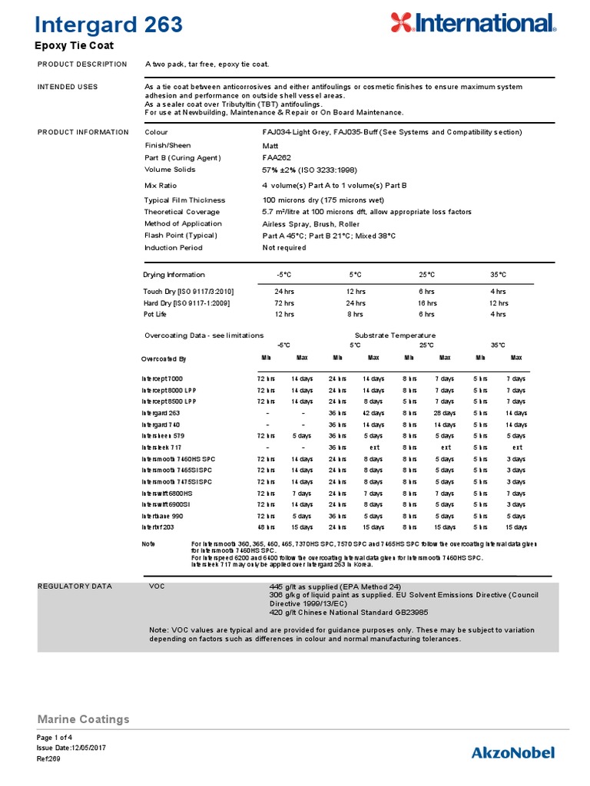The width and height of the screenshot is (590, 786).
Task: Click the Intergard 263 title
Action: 110,25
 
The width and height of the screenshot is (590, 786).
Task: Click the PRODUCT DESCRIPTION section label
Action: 82,64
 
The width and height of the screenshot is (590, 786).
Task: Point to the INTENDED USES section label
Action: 68,87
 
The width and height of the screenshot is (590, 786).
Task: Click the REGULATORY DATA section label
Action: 75,586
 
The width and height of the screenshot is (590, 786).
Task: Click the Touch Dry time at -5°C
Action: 284,292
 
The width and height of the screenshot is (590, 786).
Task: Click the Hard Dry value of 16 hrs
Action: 426,303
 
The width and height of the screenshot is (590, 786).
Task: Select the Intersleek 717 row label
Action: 161,447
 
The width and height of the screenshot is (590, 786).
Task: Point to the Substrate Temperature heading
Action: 395,335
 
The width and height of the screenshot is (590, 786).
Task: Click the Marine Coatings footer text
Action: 83,719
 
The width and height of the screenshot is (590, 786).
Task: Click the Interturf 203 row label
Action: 158,527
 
